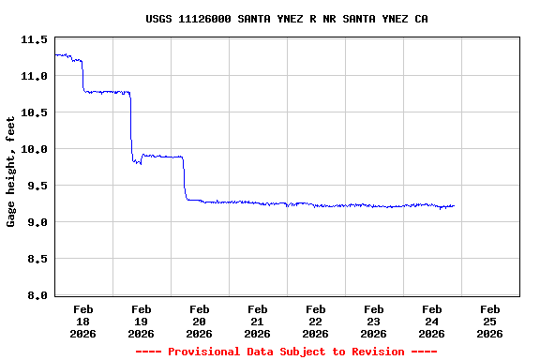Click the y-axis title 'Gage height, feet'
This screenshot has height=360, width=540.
(x=11, y=172)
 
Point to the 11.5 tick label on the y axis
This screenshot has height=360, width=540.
(x=34, y=40)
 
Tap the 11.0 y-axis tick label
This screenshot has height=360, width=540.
(x=34, y=76)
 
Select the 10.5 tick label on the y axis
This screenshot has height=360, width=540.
(x=34, y=112)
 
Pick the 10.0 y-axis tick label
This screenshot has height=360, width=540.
(x=34, y=149)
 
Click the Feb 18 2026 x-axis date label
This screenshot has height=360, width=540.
(x=83, y=321)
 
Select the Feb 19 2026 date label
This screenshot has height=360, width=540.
(x=142, y=321)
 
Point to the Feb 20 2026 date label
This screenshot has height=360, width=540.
(x=200, y=321)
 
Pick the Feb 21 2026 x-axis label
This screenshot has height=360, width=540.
(x=258, y=321)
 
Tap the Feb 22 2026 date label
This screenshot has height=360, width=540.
(x=316, y=321)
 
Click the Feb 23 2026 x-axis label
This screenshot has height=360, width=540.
(x=374, y=321)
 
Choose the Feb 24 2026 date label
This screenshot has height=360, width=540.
(x=432, y=321)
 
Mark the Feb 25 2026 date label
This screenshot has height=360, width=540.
(x=489, y=321)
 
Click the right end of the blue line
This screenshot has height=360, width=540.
(x=454, y=205)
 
